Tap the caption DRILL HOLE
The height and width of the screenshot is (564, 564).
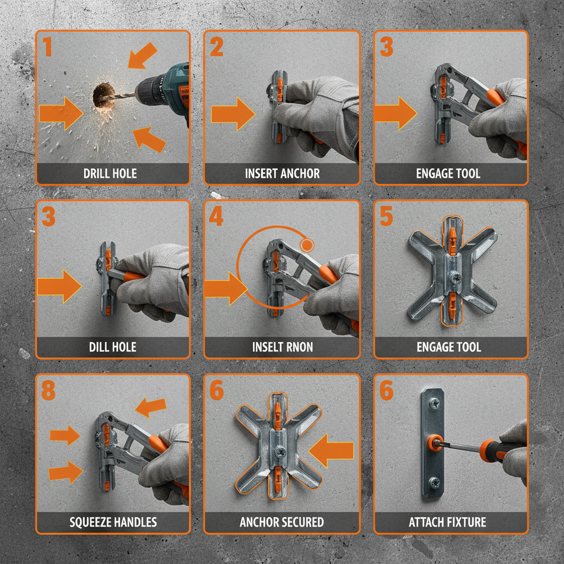point(110,173)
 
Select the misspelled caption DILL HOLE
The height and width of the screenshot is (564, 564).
point(112,347)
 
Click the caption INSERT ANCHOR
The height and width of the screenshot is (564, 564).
point(282,173)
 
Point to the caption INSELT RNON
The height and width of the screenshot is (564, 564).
point(282,347)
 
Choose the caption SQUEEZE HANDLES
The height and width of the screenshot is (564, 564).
point(113,522)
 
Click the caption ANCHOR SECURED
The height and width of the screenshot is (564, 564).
point(282,522)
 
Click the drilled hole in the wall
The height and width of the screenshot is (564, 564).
point(102,95)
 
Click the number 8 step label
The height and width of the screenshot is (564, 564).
point(48,391)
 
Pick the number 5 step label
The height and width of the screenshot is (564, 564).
point(386,216)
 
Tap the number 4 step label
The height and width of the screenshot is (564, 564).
point(216,216)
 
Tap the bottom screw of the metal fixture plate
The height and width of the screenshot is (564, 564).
point(434,482)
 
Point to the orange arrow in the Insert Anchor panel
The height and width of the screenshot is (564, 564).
point(232,113)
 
